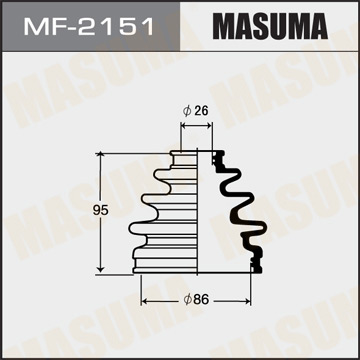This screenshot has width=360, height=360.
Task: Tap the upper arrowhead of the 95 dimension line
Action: click(x=102, y=155)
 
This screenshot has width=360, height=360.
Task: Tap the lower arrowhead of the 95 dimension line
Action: click(x=102, y=270)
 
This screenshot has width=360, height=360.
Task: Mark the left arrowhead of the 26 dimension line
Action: click(x=185, y=128)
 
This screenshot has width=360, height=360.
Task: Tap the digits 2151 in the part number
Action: click(x=105, y=24)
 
